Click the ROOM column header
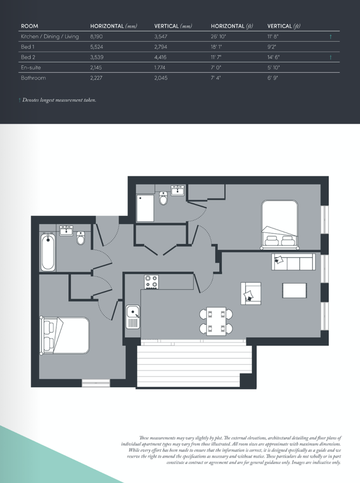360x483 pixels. (30, 26)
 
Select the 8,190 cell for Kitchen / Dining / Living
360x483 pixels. (96, 37)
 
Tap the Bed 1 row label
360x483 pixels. (28, 47)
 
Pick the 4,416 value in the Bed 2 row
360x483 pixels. (161, 57)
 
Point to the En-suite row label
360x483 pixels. (30, 67)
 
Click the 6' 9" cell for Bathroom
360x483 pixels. (272, 78)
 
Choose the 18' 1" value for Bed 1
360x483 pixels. (216, 47)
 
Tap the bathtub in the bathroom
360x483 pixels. (48, 252)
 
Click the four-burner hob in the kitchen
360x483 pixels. (151, 282)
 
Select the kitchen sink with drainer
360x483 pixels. (133, 316)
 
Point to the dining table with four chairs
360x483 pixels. (216, 321)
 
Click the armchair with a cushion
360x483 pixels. (251, 293)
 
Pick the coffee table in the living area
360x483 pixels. (295, 290)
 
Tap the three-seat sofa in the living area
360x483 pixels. (294, 262)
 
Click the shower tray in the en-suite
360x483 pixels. (145, 208)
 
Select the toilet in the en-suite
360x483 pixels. (163, 198)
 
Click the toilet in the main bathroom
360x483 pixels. (81, 238)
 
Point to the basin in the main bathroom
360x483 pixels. (66, 230)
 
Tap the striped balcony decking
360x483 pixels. (194, 364)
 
